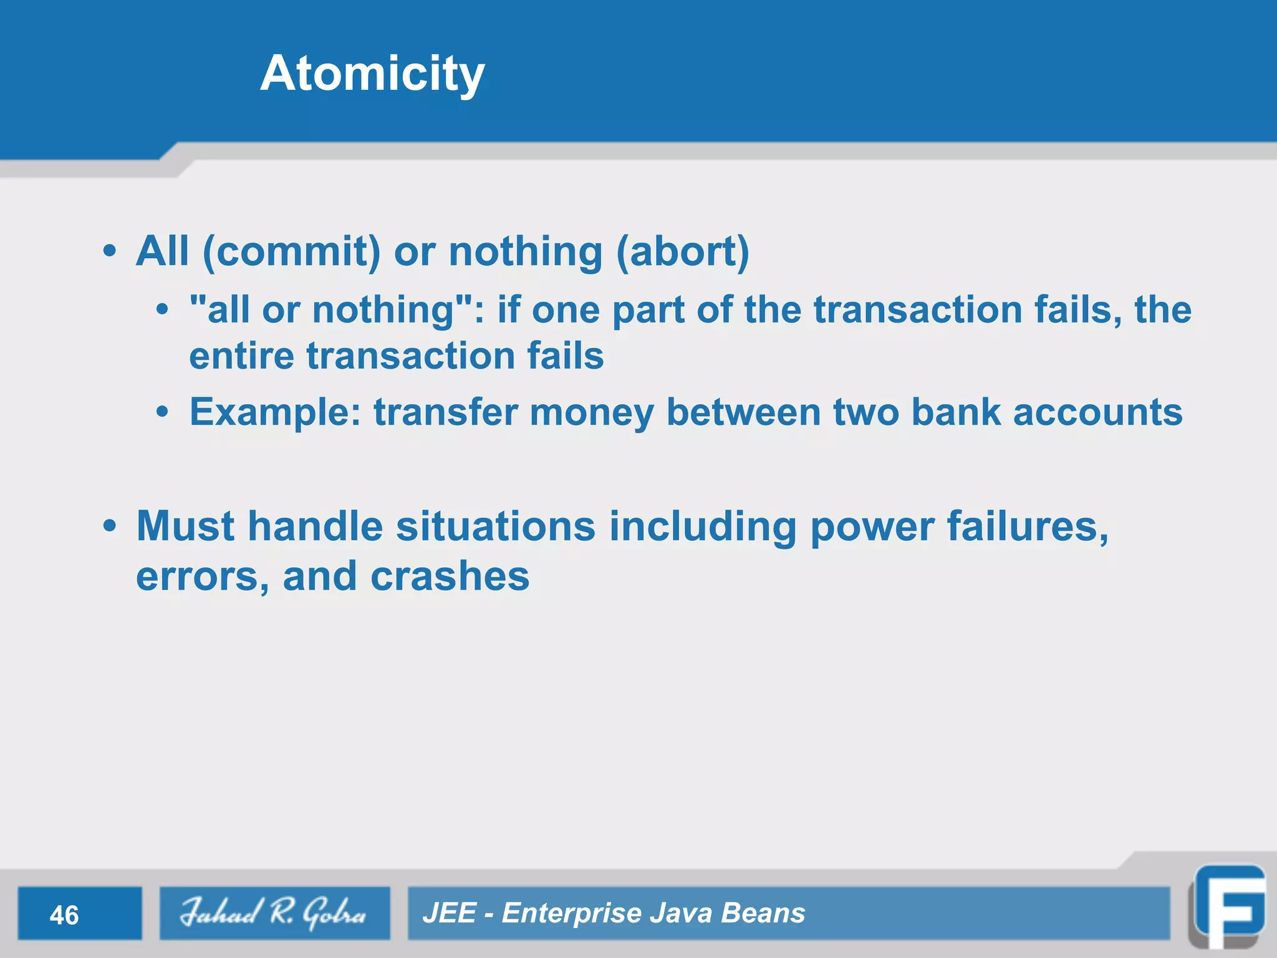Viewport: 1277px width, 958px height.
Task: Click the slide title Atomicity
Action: pos(372,74)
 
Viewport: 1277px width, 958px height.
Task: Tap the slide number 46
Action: pos(64,915)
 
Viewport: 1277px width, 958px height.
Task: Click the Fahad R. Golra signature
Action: pos(273,912)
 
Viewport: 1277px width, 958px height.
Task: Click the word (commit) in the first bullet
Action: pos(291,252)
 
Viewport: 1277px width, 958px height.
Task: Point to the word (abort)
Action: pos(682,252)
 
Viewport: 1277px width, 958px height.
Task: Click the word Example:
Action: pos(275,412)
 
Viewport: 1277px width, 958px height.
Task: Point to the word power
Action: pos(871,528)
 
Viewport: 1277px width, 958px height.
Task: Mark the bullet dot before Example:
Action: pos(163,412)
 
